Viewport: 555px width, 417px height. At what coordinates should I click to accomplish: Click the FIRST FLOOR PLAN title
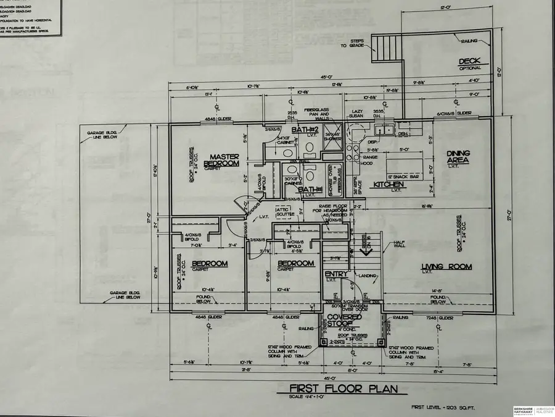click(343, 388)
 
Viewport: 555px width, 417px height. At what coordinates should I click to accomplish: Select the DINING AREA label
click(459, 157)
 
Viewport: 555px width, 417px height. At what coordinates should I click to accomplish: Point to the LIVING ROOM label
click(446, 267)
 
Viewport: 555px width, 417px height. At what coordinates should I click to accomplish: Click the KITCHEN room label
click(388, 185)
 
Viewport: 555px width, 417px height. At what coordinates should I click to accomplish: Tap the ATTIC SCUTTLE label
click(286, 212)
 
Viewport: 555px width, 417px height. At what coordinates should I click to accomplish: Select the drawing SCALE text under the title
click(343, 397)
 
